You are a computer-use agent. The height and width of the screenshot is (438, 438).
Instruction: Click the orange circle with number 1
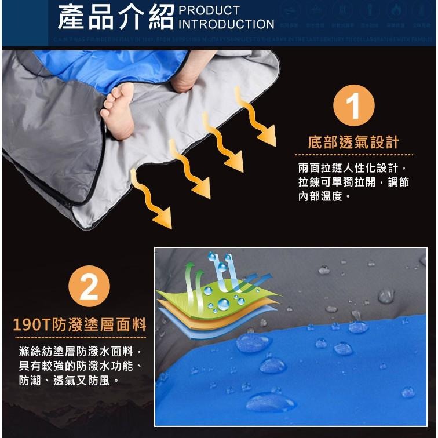click(x=354, y=105)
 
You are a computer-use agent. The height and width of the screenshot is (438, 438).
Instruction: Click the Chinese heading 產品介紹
click(x=116, y=17)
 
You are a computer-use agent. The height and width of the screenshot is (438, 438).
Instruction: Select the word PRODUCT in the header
click(x=209, y=10)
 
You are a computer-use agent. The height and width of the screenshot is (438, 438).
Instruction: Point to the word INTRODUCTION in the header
click(x=227, y=24)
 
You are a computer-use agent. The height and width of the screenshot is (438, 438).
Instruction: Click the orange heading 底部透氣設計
click(x=353, y=143)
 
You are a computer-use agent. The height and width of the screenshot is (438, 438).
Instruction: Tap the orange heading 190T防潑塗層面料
click(x=80, y=324)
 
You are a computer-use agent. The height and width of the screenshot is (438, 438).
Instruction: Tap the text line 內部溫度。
click(x=324, y=196)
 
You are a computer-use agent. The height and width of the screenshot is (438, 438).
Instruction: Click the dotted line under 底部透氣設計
click(x=353, y=155)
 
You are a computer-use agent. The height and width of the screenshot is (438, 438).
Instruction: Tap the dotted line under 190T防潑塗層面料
click(x=80, y=337)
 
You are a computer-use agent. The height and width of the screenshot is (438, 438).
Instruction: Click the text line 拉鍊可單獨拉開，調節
click(x=353, y=183)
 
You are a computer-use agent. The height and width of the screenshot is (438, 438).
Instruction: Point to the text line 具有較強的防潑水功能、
click(x=81, y=366)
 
